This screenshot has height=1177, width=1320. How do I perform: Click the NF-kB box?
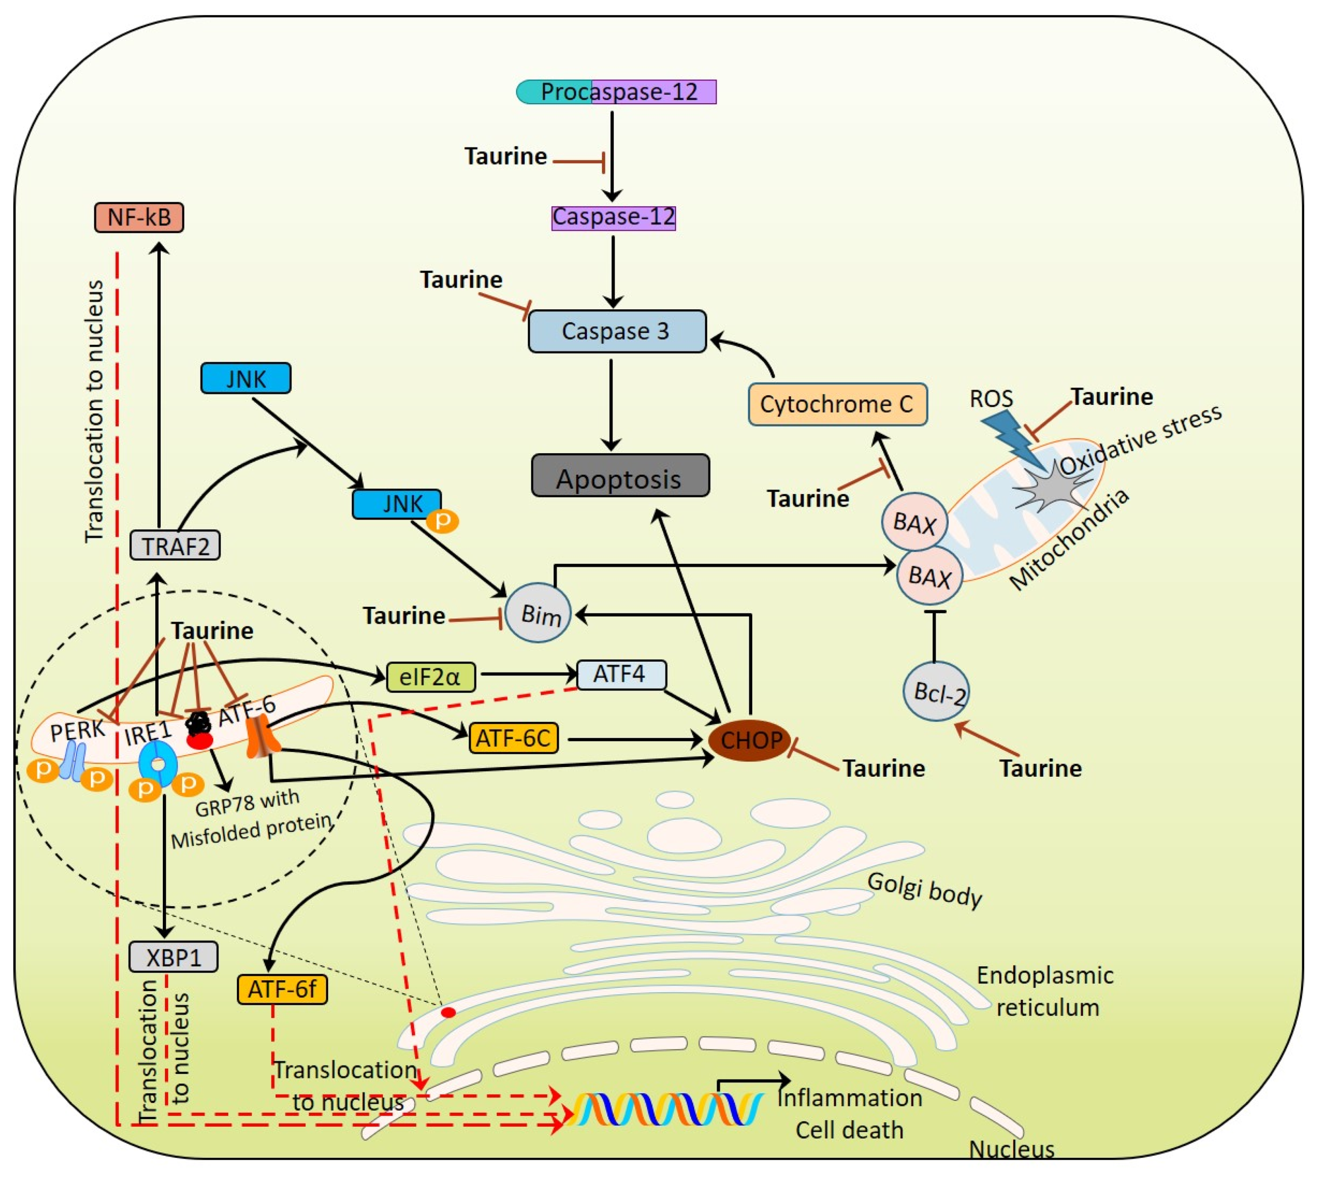tap(139, 217)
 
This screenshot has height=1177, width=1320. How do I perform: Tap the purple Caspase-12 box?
tap(613, 217)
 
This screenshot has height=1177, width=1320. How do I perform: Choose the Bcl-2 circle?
tap(936, 692)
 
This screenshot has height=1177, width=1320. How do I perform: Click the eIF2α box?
tap(430, 677)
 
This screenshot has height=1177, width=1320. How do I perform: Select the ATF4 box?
tap(620, 674)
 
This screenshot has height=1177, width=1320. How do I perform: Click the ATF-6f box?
tap(282, 990)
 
